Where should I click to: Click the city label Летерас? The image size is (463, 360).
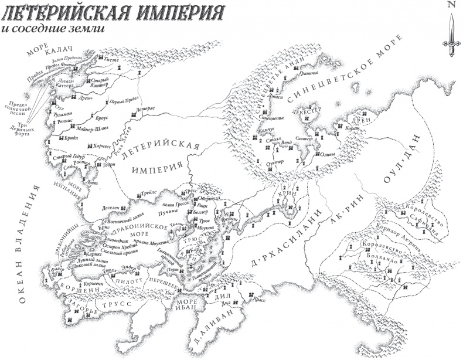coord(145,110)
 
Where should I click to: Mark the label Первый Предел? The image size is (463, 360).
coord(122,102)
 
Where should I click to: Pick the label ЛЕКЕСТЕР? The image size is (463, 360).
coord(311,110)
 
